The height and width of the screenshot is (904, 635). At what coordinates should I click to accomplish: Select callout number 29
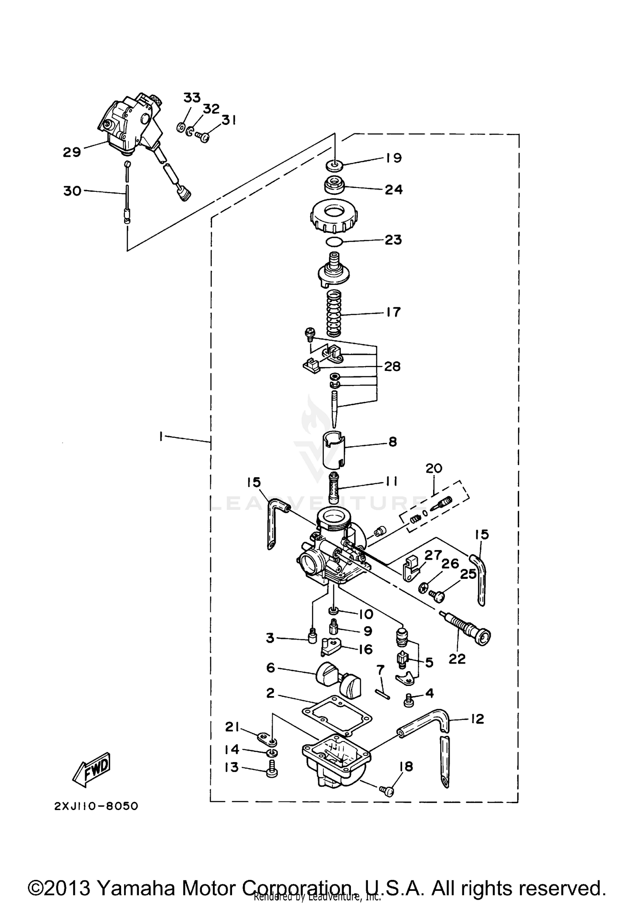pos(72,152)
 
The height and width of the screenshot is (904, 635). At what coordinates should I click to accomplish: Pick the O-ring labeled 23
pos(334,242)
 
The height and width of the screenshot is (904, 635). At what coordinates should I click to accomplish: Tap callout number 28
pos(392,366)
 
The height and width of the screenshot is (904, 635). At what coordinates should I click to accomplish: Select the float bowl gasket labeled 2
pos(337,716)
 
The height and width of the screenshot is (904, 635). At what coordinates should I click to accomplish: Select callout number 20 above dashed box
pos(433,468)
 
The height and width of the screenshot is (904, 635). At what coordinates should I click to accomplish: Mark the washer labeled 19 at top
pos(335,164)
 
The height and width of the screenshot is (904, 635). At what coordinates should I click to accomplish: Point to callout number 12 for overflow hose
pos(477,719)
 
